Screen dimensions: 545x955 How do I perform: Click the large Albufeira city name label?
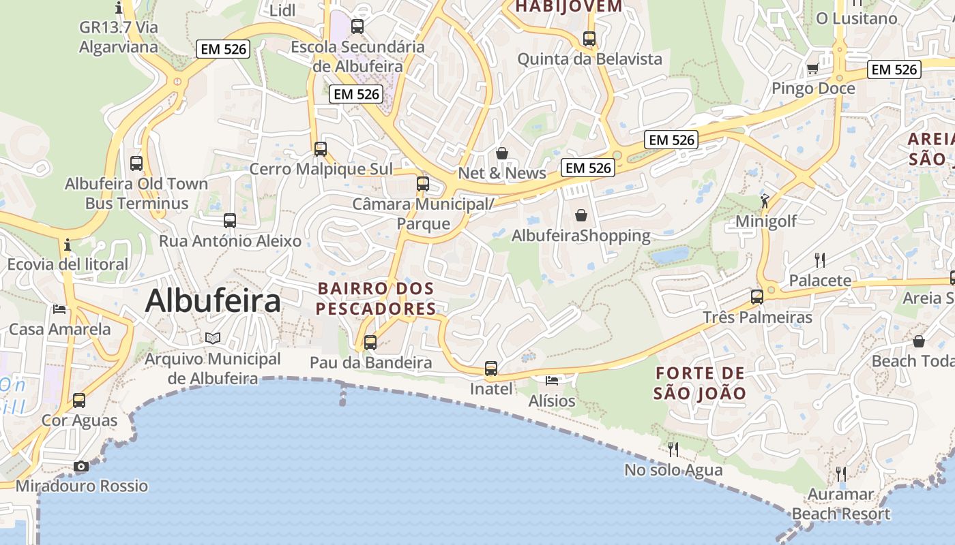click(x=213, y=301)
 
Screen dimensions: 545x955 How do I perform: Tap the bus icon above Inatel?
click(x=491, y=369)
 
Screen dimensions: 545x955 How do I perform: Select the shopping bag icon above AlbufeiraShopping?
click(x=581, y=215)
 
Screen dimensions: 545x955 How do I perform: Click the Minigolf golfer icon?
click(x=765, y=201)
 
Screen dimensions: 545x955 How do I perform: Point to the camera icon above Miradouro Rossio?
click(x=81, y=466)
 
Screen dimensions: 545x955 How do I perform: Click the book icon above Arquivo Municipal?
click(x=213, y=338)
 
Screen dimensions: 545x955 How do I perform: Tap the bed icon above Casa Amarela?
click(x=60, y=309)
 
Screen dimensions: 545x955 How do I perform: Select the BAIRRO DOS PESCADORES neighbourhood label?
click(x=376, y=298)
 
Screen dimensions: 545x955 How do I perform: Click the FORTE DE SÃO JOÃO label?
click(x=700, y=383)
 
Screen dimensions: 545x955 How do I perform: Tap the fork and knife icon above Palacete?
click(x=820, y=260)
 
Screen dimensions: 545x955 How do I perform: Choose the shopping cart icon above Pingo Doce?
click(x=812, y=68)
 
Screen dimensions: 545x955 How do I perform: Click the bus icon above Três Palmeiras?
click(x=757, y=296)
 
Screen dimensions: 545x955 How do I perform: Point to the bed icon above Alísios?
click(x=552, y=380)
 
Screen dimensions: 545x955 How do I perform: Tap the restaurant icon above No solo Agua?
click(x=673, y=449)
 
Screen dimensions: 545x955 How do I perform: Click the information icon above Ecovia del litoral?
click(x=67, y=245)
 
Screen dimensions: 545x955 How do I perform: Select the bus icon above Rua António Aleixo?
click(x=230, y=220)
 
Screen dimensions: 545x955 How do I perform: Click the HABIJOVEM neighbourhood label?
click(x=569, y=7)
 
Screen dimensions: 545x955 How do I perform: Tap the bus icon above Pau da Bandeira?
click(x=370, y=342)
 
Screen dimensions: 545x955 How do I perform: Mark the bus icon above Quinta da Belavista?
click(x=589, y=39)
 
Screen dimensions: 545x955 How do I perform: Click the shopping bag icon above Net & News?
click(x=502, y=153)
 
